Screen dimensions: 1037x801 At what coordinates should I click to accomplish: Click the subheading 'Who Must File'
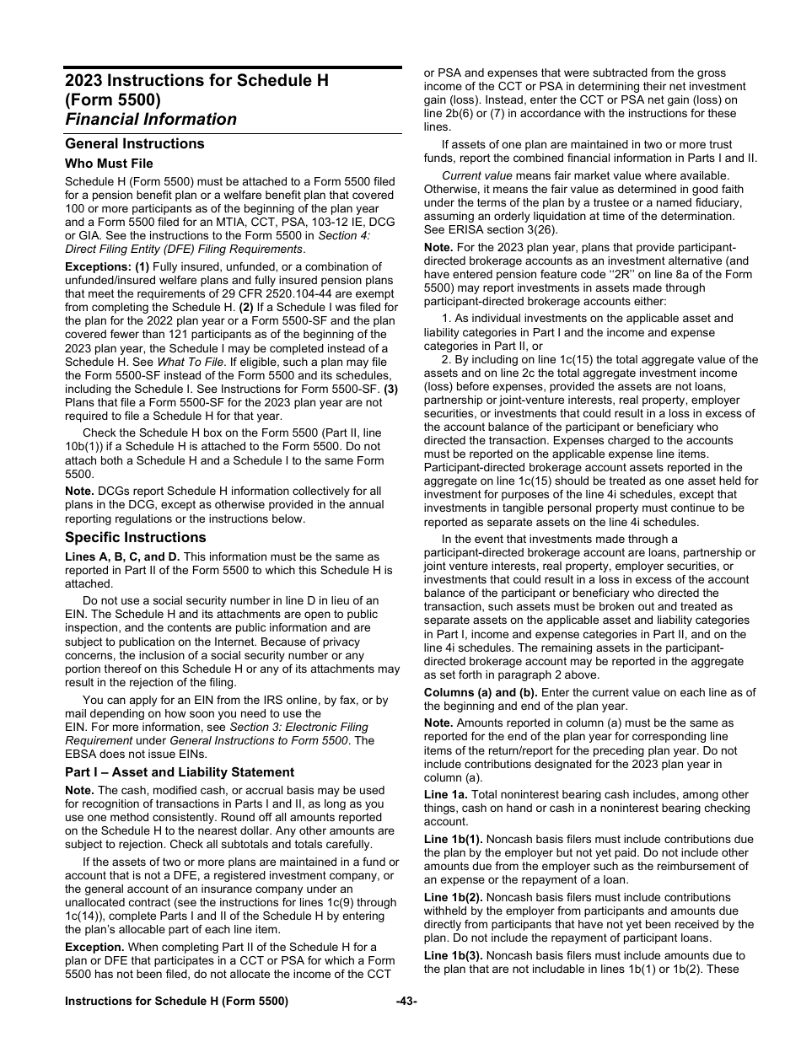[109, 164]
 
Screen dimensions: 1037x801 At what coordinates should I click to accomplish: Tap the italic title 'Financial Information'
[151, 119]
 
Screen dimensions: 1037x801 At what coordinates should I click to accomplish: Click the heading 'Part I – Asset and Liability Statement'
[180, 772]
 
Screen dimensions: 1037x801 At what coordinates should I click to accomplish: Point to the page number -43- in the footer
[406, 1002]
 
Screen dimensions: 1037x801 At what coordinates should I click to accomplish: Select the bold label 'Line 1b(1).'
[454, 840]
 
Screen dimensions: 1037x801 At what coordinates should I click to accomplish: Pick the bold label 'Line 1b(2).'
[454, 898]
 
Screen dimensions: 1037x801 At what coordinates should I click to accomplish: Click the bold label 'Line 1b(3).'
[454, 955]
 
